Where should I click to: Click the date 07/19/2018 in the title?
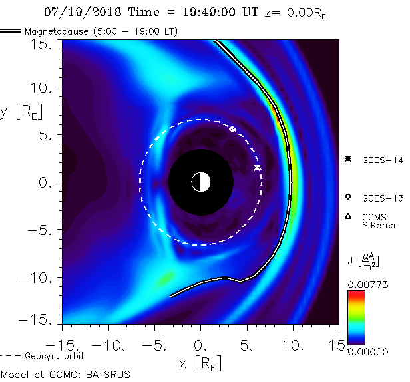tap(76, 12)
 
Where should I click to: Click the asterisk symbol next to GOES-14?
tap(347, 158)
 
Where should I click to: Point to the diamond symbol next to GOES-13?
tap(347, 197)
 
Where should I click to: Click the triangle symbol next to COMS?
tap(347, 216)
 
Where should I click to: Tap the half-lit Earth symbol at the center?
tap(200, 181)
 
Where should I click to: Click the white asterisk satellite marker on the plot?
tap(257, 168)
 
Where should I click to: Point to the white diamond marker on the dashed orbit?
tap(232, 128)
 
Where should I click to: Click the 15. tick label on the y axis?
tap(47, 44)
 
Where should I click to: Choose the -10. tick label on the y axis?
tap(41, 277)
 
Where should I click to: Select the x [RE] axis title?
tap(200, 363)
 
